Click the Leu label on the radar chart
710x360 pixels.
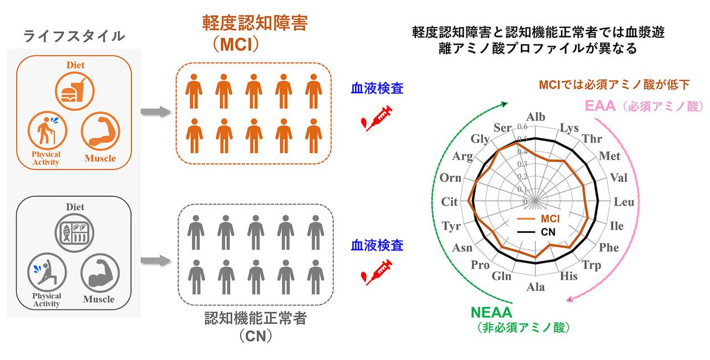[x=624, y=202]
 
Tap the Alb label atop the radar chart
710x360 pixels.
[x=536, y=117]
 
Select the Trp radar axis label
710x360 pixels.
[x=591, y=265]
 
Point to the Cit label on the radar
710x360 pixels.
[x=449, y=202]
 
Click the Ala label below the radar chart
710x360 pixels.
[x=536, y=287]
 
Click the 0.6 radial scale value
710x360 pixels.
[x=522, y=127]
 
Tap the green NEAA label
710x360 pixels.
[x=491, y=314]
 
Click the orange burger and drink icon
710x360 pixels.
[x=74, y=91]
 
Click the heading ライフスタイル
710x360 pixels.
[x=74, y=37]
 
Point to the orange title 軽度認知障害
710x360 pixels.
[x=255, y=23]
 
